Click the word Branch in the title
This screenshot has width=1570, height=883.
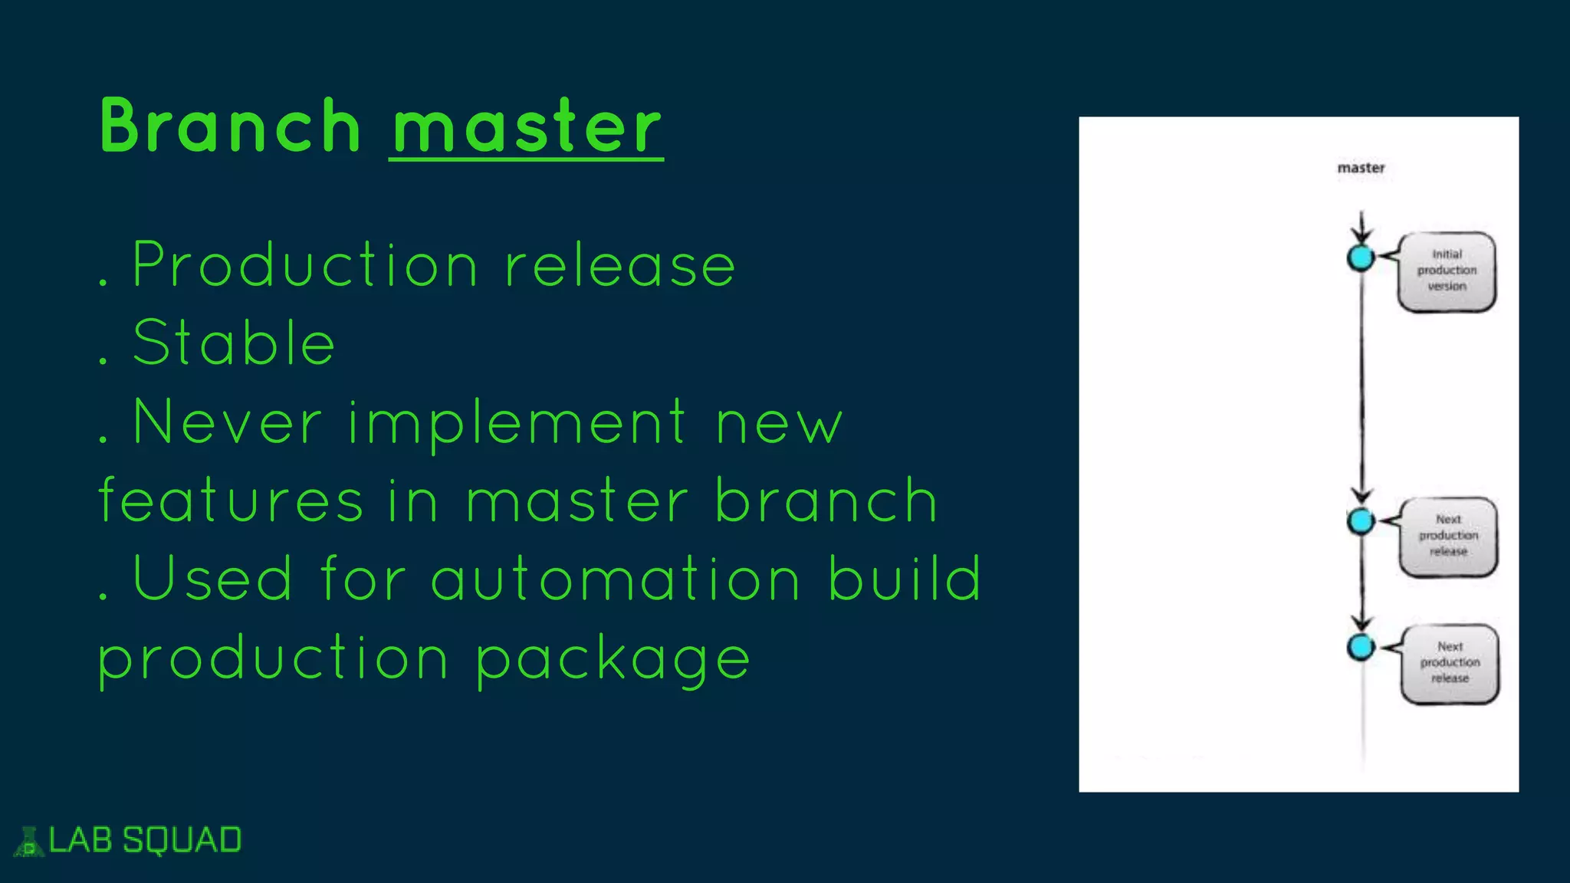pos(230,126)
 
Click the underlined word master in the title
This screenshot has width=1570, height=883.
pos(527,126)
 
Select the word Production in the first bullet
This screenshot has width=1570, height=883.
pos(305,265)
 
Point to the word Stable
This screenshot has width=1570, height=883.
pos(234,343)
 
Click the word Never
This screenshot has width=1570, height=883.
pos(227,422)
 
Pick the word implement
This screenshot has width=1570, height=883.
pos(517,422)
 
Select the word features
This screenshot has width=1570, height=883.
pos(231,501)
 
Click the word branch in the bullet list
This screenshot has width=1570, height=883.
pos(826,501)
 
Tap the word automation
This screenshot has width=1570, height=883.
pos(616,579)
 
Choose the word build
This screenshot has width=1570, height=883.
pos(905,579)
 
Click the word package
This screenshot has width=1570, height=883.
pos(613,659)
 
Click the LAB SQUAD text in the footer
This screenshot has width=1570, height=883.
pos(145,840)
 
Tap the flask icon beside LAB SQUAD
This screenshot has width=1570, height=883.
pos(29,842)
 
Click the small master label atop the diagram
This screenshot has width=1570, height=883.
pos(1361,168)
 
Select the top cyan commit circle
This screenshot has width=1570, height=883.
pos(1361,258)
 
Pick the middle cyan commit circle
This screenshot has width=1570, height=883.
pos(1361,521)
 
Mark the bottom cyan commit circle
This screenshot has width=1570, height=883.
pos(1361,647)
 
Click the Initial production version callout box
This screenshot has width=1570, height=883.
pos(1447,271)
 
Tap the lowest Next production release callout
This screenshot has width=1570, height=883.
pos(1450,663)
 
